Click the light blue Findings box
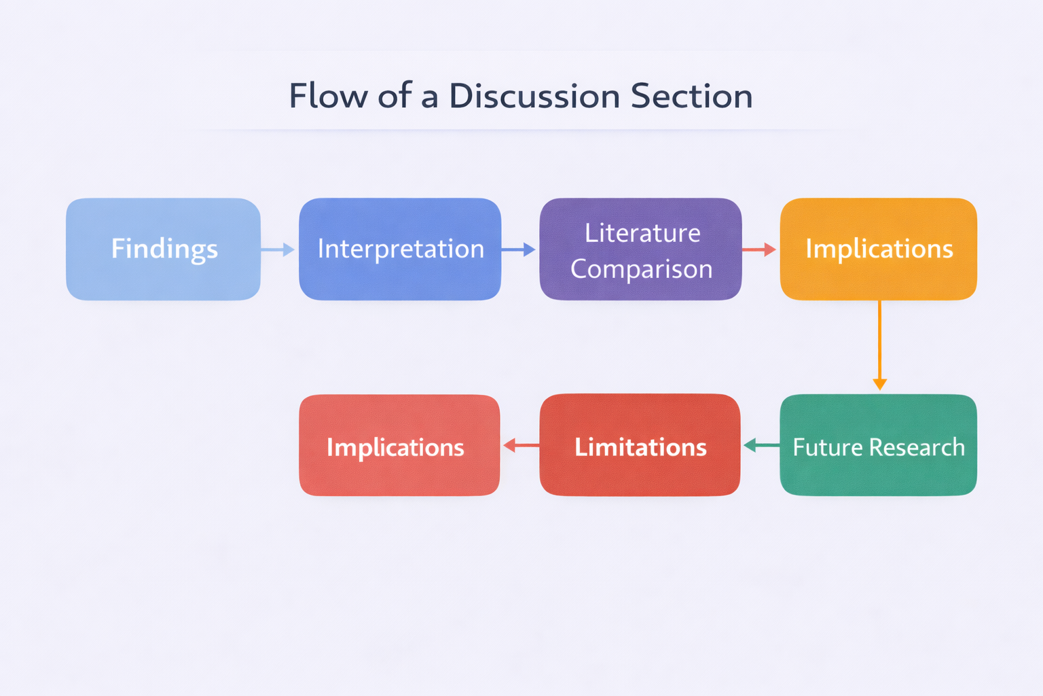[x=163, y=249]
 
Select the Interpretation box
[x=400, y=249]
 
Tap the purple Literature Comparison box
[x=640, y=249]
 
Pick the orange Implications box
[x=879, y=249]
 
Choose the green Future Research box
[x=879, y=445]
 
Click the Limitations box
[x=640, y=445]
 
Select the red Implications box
[x=399, y=445]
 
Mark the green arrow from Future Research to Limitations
[x=761, y=446]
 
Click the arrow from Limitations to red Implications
[x=520, y=446]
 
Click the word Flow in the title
[x=328, y=96]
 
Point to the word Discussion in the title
[x=534, y=96]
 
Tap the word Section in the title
[x=691, y=96]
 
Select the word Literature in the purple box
[x=642, y=233]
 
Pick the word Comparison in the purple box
[x=642, y=269]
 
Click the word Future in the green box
[x=828, y=447]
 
